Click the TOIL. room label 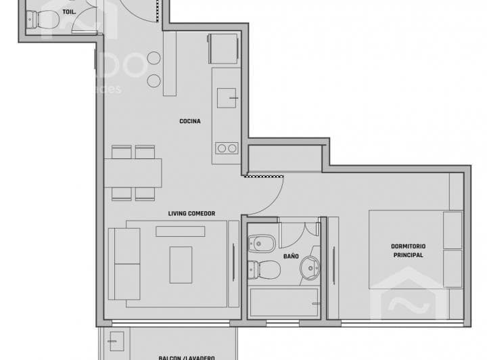(69, 12)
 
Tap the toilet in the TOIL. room (42, 22)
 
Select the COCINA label (189, 121)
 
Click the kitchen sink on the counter (226, 98)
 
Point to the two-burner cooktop (226, 148)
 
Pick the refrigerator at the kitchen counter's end (223, 48)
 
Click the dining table (133, 173)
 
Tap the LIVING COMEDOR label (191, 214)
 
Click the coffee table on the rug (181, 265)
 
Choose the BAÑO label (291, 256)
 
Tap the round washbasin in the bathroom (310, 267)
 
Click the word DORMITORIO (408, 246)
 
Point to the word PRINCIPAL (408, 255)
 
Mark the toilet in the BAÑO (264, 269)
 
